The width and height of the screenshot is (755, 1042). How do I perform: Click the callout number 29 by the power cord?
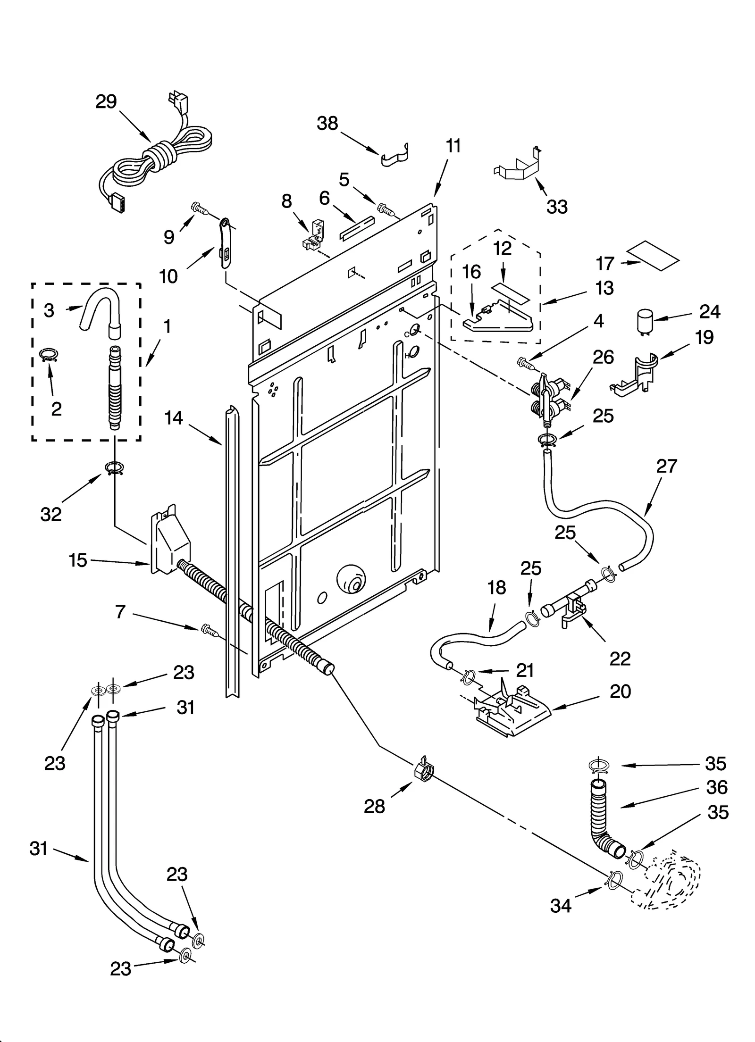[x=106, y=101]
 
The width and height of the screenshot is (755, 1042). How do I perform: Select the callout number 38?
[x=327, y=124]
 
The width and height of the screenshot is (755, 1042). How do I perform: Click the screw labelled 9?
[x=200, y=208]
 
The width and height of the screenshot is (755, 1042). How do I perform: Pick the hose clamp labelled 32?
[x=113, y=468]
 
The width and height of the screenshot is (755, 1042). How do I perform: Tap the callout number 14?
[x=174, y=418]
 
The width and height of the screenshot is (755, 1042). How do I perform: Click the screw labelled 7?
[x=209, y=629]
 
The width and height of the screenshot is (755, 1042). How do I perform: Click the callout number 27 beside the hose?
[x=666, y=466]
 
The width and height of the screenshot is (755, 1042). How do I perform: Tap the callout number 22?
[x=620, y=659]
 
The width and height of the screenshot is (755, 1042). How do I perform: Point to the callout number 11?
[x=453, y=146]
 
